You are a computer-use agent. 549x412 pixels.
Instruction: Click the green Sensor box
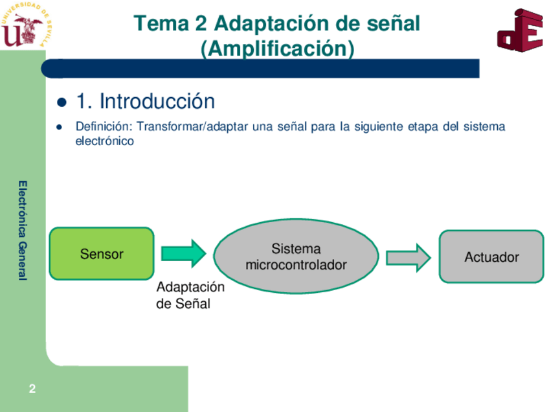pos(102,253)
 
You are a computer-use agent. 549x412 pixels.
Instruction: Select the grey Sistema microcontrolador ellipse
pos(296,257)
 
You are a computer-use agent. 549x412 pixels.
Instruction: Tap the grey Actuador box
pos(491,257)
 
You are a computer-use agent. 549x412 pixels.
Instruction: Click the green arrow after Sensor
pos(183,253)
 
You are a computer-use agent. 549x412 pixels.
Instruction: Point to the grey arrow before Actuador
pos(408,257)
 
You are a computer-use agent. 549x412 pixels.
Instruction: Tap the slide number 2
pos(32,389)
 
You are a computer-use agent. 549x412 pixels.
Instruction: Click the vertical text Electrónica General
pos(23,230)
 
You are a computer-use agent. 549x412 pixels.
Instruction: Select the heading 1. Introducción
pos(145,102)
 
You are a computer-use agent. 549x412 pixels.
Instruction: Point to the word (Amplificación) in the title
pos(277,49)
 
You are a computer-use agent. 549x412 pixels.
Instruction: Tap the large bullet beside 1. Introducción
pos(62,102)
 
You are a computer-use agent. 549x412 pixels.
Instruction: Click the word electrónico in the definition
pos(104,141)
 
